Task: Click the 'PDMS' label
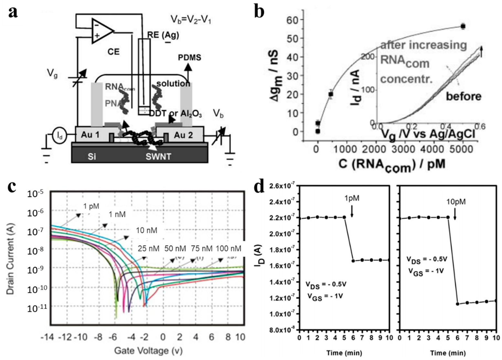point(189,58)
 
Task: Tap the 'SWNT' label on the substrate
point(158,157)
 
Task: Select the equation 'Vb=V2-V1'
point(191,20)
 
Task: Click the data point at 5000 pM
point(463,26)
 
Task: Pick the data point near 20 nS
point(331,94)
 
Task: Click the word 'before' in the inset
point(464,96)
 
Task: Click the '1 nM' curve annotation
point(117,214)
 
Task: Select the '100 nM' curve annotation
point(229,249)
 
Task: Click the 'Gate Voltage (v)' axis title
point(142,351)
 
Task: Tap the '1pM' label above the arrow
point(352,198)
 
